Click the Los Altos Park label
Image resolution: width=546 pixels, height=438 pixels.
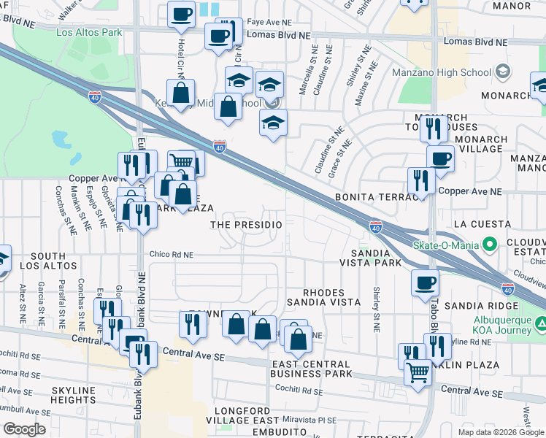coord(89,33)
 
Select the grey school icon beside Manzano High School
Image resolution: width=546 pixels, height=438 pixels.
coord(502,72)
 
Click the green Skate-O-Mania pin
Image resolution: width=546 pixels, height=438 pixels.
coord(490,244)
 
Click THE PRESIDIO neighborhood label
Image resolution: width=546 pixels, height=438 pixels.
coord(246,225)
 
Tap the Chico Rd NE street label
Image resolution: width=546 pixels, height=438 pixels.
coord(172,255)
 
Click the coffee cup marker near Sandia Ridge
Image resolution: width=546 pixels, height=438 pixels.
coord(425,283)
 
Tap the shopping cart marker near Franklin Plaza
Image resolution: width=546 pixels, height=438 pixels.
coord(418,371)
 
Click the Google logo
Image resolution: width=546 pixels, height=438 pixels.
coord(24,429)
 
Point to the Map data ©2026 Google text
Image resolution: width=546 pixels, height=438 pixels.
coord(500,432)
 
